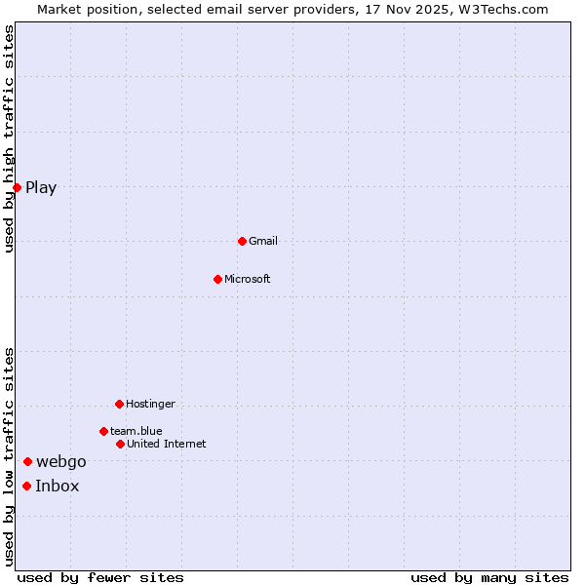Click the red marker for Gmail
point(242,241)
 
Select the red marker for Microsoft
point(217,279)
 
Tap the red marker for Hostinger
point(119,404)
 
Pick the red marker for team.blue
point(103,431)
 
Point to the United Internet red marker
point(120,444)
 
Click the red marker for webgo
point(27,461)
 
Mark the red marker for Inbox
point(26,486)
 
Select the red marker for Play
point(18,187)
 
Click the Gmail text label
point(263,241)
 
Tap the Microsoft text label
point(248,279)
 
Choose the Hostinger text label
point(150,404)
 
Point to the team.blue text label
point(136,431)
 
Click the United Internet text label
point(167,444)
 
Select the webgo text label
point(61,461)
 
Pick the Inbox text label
point(58,486)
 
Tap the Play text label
point(41,187)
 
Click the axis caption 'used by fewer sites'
point(100,577)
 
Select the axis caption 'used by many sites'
point(489,577)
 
